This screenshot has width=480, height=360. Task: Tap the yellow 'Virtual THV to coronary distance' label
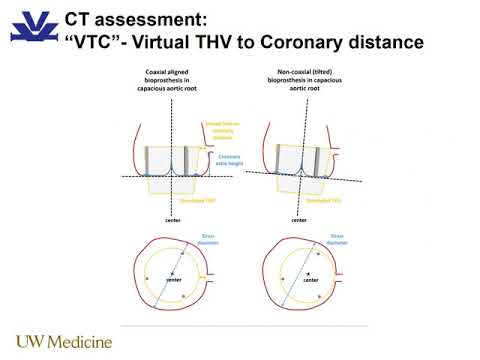point(224,131)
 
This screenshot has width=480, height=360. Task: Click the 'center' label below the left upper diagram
point(173,219)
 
